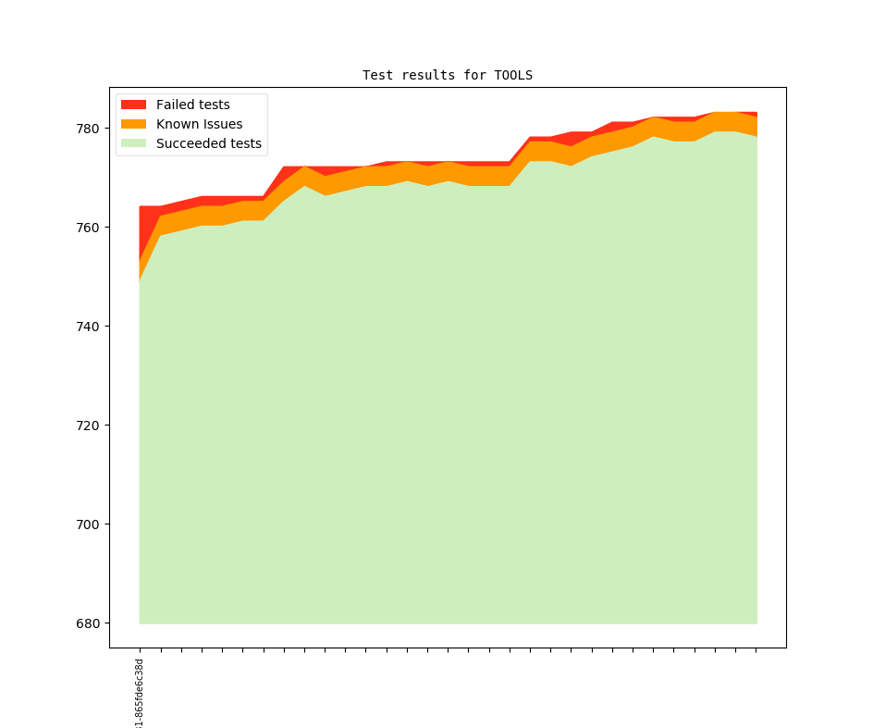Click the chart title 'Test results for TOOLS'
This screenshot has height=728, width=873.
447,75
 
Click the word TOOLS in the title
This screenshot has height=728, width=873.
513,75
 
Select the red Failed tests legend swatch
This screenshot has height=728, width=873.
134,105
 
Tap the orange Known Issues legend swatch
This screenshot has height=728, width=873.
134,124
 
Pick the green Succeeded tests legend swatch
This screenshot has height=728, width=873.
134,143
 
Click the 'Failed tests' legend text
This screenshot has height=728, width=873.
192,105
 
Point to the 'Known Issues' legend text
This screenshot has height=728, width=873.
199,124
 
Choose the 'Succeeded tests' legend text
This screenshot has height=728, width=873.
208,143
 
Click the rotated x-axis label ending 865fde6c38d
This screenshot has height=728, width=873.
140,694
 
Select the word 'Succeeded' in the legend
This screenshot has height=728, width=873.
190,143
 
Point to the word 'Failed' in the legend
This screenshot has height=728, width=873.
175,105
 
